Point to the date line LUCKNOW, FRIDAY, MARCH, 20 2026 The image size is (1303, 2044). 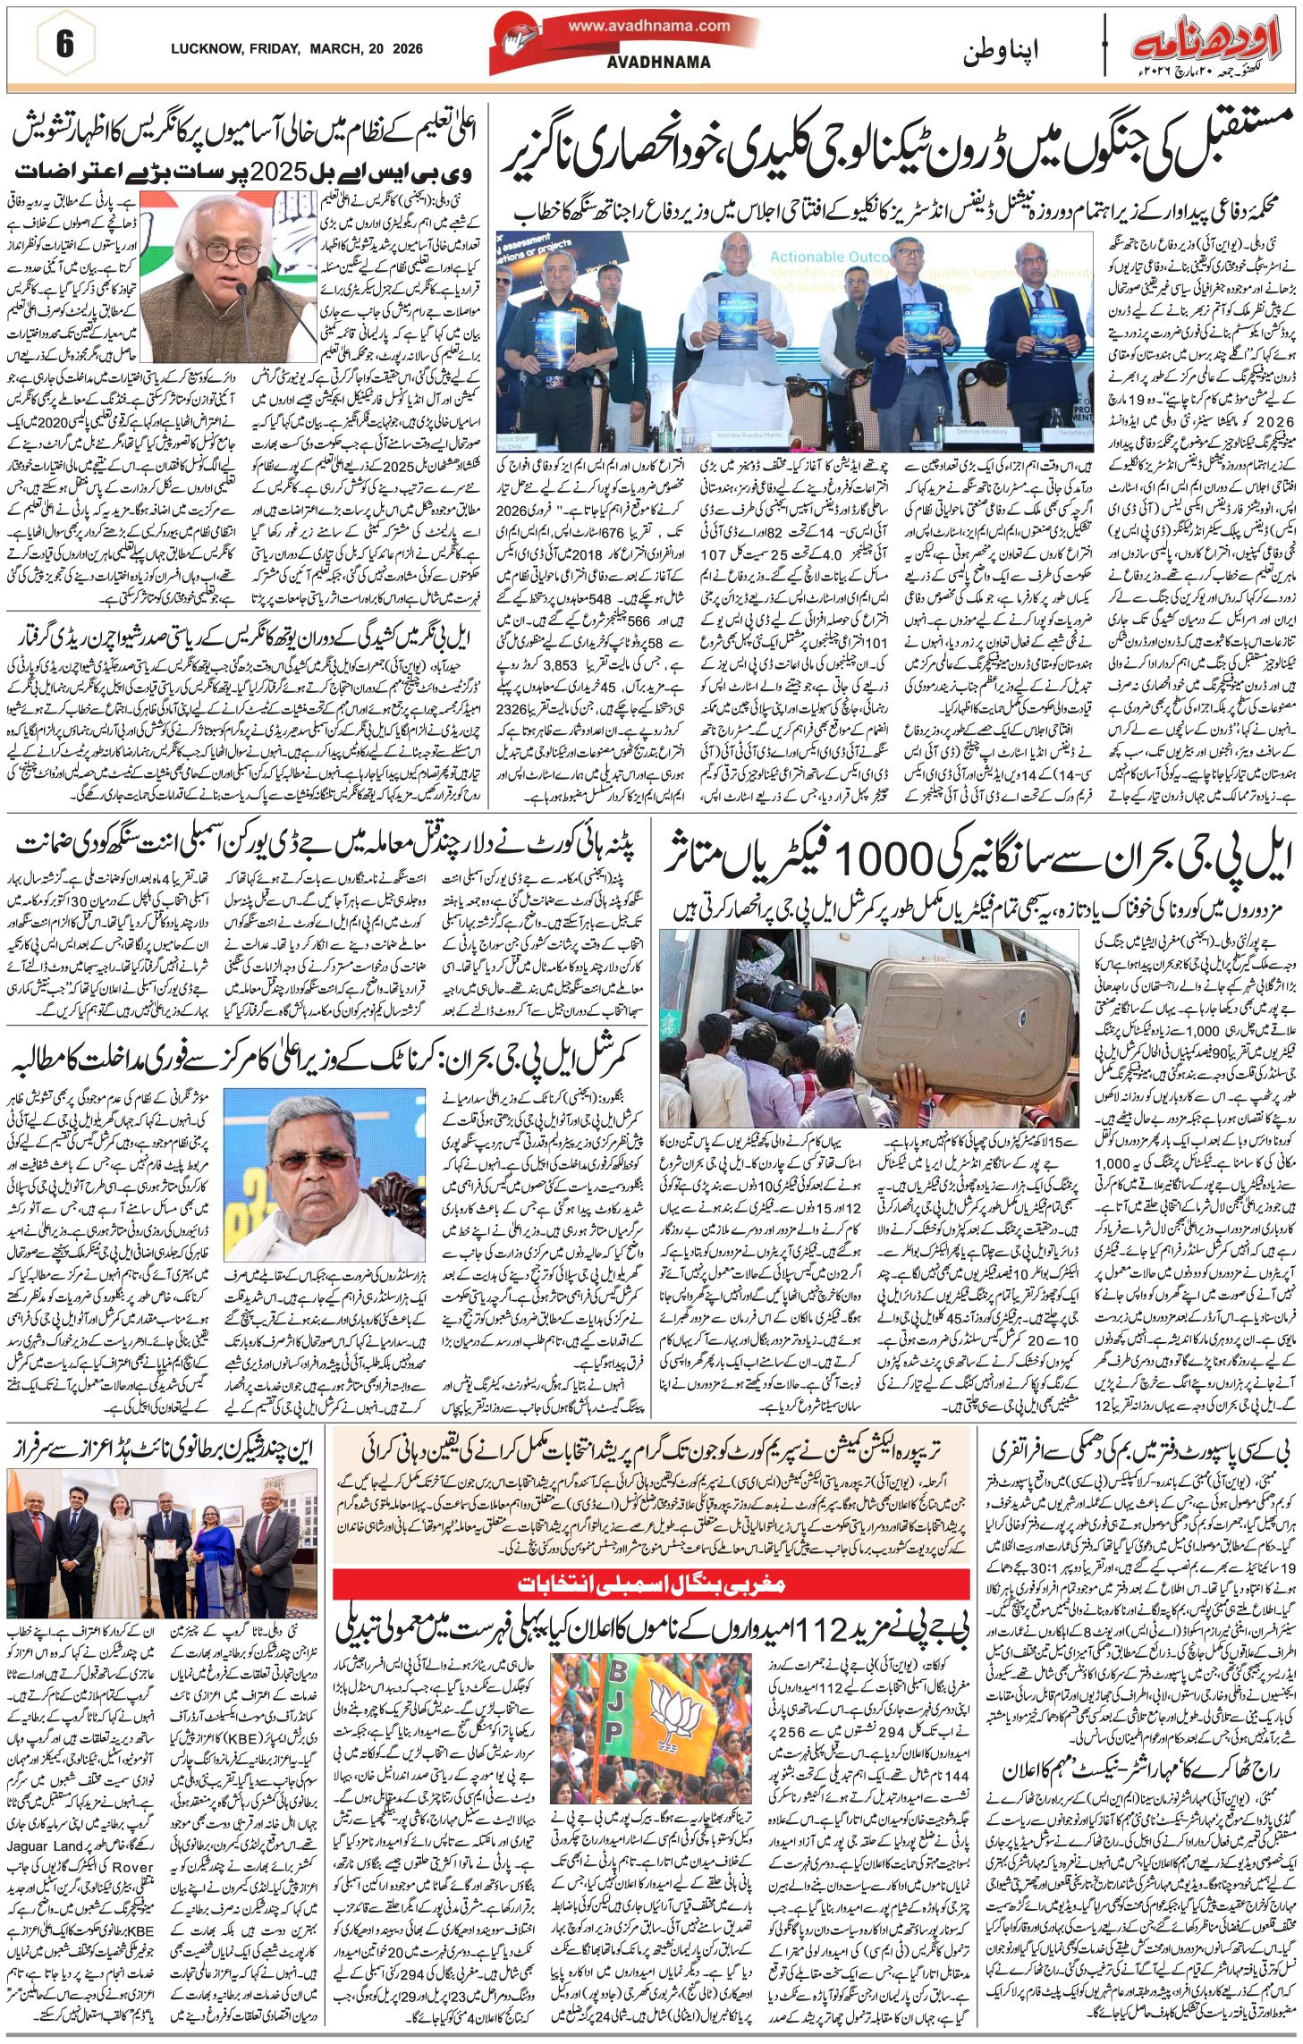click(296, 50)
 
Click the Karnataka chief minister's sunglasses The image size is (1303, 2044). click(324, 1161)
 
